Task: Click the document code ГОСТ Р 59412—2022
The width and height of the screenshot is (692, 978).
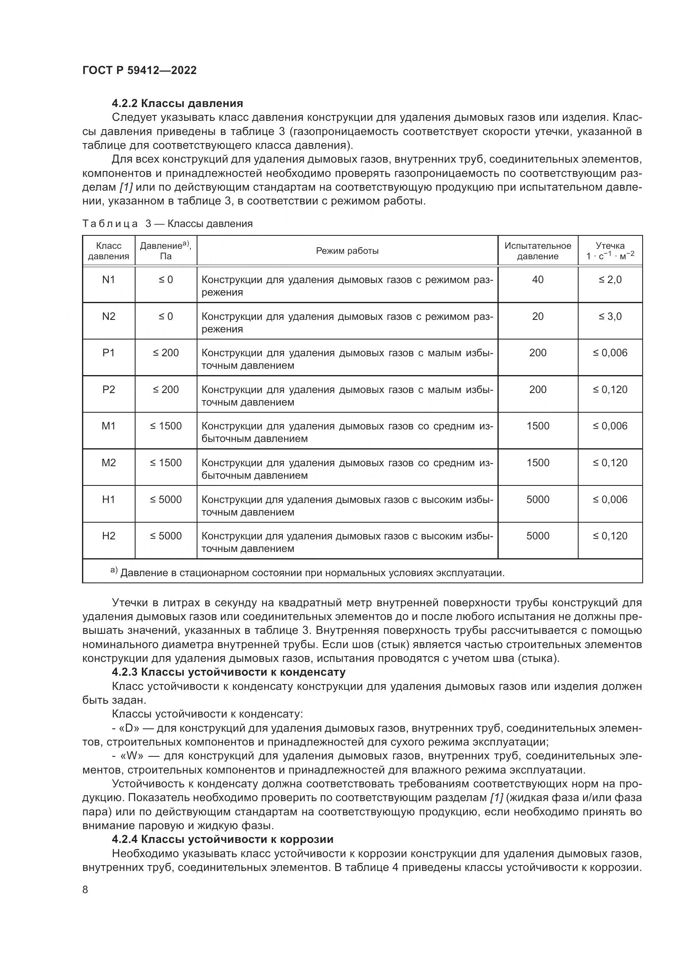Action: click(139, 70)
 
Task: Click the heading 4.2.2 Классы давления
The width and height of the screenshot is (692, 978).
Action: click(177, 103)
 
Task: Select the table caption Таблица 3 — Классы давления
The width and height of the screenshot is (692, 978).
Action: click(167, 224)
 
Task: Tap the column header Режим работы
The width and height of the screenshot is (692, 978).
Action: click(347, 251)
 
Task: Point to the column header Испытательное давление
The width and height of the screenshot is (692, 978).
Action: click(537, 251)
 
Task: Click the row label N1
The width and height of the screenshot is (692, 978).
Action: click(109, 280)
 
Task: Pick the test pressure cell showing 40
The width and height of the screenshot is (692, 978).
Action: click(537, 280)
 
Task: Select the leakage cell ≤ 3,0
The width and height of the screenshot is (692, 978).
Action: click(610, 317)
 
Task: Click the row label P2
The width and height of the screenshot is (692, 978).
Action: click(109, 389)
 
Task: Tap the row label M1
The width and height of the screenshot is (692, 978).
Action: click(109, 426)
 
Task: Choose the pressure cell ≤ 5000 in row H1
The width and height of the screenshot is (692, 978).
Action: click(165, 499)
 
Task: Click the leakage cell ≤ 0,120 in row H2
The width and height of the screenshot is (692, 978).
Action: click(610, 536)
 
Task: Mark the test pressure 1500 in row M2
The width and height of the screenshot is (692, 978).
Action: click(537, 462)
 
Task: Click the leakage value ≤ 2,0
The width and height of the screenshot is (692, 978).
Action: click(610, 280)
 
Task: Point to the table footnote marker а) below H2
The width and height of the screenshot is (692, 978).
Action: click(114, 570)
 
